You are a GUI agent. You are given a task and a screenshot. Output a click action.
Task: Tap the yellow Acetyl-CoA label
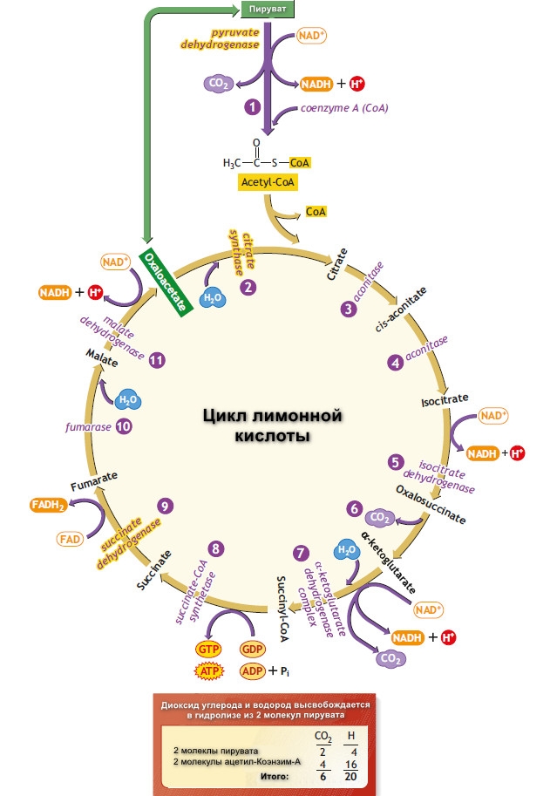[x=268, y=182]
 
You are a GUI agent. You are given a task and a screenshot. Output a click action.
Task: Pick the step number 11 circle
[x=157, y=359]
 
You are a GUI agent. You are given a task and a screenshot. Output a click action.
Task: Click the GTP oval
[x=206, y=650]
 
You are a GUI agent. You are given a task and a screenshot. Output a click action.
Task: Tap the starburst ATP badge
[x=206, y=671]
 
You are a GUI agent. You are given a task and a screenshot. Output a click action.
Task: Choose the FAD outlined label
[x=70, y=540]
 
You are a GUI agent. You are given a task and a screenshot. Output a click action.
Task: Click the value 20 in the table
[x=350, y=775]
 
